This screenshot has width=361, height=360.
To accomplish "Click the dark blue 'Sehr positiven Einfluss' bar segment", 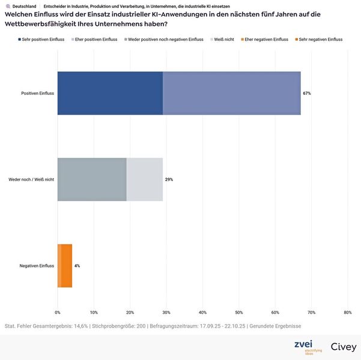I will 110,93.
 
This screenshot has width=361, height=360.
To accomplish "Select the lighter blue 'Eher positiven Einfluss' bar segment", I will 231,93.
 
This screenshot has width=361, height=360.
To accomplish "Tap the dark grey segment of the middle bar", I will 92,179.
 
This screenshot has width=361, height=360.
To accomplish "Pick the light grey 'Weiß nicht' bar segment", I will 144,179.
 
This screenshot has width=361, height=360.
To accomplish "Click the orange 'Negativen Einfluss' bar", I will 65,265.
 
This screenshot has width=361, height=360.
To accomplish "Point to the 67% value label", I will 307,94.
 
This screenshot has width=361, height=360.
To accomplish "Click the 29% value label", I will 169,179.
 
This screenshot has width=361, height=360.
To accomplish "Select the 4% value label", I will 77,265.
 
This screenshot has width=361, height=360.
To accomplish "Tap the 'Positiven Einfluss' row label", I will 37,94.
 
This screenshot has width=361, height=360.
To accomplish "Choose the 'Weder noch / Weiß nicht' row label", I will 31,179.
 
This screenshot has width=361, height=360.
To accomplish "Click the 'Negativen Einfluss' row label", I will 37,265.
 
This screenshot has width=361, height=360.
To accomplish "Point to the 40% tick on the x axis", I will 202,312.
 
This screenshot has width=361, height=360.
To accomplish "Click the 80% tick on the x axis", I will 347,312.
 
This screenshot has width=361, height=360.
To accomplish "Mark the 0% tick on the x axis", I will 58,312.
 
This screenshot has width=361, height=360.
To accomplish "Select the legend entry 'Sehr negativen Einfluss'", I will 320,39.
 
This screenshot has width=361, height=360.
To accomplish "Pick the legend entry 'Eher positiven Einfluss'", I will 97,39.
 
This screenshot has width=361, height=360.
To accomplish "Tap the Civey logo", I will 344,347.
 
